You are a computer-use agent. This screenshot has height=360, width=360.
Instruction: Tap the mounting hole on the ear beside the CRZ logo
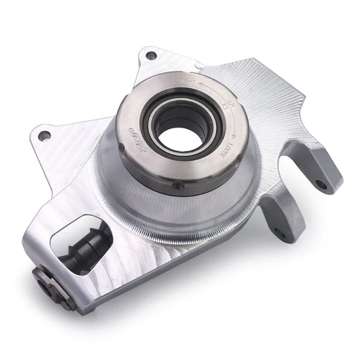[x=45, y=136]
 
